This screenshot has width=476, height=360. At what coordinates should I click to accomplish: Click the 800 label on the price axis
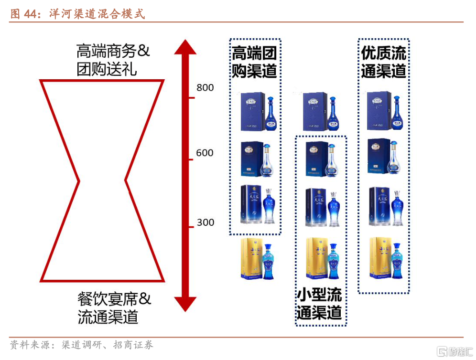tap(205, 88)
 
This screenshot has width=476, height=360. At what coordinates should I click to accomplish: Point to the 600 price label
tap(205, 153)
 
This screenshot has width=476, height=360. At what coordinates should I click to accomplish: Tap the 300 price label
tap(205, 222)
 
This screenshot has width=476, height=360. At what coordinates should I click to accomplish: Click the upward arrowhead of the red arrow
tap(185, 47)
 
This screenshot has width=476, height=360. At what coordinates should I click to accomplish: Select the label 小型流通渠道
tap(320, 304)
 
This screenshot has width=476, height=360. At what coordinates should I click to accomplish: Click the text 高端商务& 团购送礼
tap(113, 60)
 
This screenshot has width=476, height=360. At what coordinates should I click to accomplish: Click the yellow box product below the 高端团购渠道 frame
tap(259, 259)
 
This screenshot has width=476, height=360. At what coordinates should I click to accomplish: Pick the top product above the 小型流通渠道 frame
tap(320, 112)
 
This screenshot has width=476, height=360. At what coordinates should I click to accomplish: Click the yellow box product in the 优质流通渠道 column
tap(386, 258)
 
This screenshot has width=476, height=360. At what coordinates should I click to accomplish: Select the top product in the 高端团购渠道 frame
tap(259, 111)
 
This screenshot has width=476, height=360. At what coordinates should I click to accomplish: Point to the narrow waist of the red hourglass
tap(102, 181)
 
